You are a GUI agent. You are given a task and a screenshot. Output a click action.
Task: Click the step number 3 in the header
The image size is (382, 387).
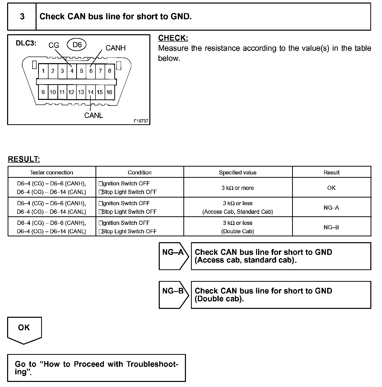pos(22,16)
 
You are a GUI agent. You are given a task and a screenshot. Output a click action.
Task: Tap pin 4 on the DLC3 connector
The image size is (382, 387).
pos(72,71)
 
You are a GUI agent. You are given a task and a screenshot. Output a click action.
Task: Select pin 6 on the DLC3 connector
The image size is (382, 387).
pos(91,71)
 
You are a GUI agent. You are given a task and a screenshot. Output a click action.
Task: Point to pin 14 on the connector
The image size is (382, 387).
pos(91,92)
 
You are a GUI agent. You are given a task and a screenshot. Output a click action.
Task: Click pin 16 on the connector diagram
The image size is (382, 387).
pos(109,92)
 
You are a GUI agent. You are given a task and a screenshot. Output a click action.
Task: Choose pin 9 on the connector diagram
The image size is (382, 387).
pos(43,92)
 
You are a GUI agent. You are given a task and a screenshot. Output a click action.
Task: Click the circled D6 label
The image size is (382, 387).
pos(77,45)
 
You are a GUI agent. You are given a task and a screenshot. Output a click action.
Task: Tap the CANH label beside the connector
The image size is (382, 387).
pos(115,48)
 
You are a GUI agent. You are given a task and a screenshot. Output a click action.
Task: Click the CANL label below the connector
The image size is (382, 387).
pos(93,115)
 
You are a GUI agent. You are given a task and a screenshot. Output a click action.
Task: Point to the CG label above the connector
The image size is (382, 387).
pos(54,45)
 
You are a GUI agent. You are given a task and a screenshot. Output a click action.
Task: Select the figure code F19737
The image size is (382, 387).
pos(141,121)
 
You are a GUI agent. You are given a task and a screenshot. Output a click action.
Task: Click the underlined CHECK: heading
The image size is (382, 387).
pos(173,38)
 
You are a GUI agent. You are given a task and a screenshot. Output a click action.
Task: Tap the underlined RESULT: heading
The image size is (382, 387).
pos(24,159)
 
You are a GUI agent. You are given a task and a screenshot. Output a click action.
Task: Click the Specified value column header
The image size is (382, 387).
pos(237,172)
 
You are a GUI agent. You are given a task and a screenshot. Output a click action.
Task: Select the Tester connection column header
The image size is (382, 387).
pos(52,172)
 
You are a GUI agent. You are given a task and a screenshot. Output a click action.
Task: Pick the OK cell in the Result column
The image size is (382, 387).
pos(331,188)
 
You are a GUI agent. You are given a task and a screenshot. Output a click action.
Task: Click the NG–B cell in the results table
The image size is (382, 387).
pos(331,227)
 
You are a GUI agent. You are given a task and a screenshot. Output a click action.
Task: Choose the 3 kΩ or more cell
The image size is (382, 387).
pos(237,188)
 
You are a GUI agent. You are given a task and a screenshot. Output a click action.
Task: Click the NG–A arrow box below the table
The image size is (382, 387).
pos(173,256)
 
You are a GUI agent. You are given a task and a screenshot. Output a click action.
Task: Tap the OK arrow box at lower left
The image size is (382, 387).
pos(24,329)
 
